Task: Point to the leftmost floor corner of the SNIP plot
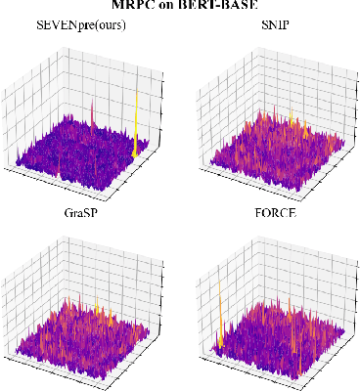coord(199,159)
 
